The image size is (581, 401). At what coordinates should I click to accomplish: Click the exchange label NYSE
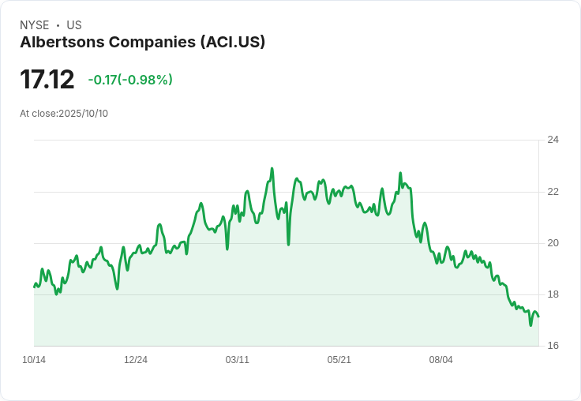(34, 25)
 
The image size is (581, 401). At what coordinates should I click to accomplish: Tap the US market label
(74, 25)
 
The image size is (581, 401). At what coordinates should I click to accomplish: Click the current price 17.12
(47, 80)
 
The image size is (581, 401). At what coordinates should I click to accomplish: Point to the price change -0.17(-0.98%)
(130, 80)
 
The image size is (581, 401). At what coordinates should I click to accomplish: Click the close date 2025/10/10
(83, 114)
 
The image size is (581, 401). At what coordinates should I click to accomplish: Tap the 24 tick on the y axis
(553, 140)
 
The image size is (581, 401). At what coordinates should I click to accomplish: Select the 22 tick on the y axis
(553, 192)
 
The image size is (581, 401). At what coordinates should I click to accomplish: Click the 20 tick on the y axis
(553, 243)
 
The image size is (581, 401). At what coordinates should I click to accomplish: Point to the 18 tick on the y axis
(553, 294)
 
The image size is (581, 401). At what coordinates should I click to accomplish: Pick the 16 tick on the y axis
(553, 346)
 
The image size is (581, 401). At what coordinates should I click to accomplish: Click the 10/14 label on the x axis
(34, 360)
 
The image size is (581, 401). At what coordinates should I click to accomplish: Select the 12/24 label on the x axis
(136, 360)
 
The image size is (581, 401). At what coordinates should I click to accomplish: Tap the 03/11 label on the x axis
(238, 360)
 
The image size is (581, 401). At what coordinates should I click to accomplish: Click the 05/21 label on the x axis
(339, 360)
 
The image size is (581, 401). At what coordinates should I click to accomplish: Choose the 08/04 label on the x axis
(440, 360)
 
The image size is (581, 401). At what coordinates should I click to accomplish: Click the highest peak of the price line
(272, 168)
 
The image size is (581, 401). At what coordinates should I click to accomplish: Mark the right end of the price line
(538, 317)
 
